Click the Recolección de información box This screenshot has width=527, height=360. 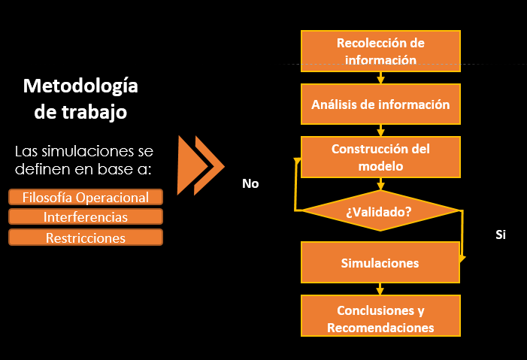(380, 50)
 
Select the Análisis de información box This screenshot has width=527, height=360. (380, 104)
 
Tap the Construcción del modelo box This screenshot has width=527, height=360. (380, 156)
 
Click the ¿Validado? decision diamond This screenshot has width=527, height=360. (380, 211)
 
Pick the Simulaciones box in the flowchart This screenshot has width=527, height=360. (380, 263)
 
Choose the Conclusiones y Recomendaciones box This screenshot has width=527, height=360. (380, 318)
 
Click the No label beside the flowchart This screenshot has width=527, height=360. (250, 183)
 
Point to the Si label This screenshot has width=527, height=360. (501, 234)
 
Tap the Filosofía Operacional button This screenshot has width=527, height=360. (86, 198)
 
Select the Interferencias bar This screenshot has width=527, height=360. (86, 217)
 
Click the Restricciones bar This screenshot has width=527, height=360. (86, 237)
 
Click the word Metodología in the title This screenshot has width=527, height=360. (80, 86)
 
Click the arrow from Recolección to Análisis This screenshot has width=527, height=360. (380, 77)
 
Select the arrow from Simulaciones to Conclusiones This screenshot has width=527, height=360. (380, 289)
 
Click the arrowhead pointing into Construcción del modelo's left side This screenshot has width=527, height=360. (298, 159)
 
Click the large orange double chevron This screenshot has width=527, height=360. (200, 165)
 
